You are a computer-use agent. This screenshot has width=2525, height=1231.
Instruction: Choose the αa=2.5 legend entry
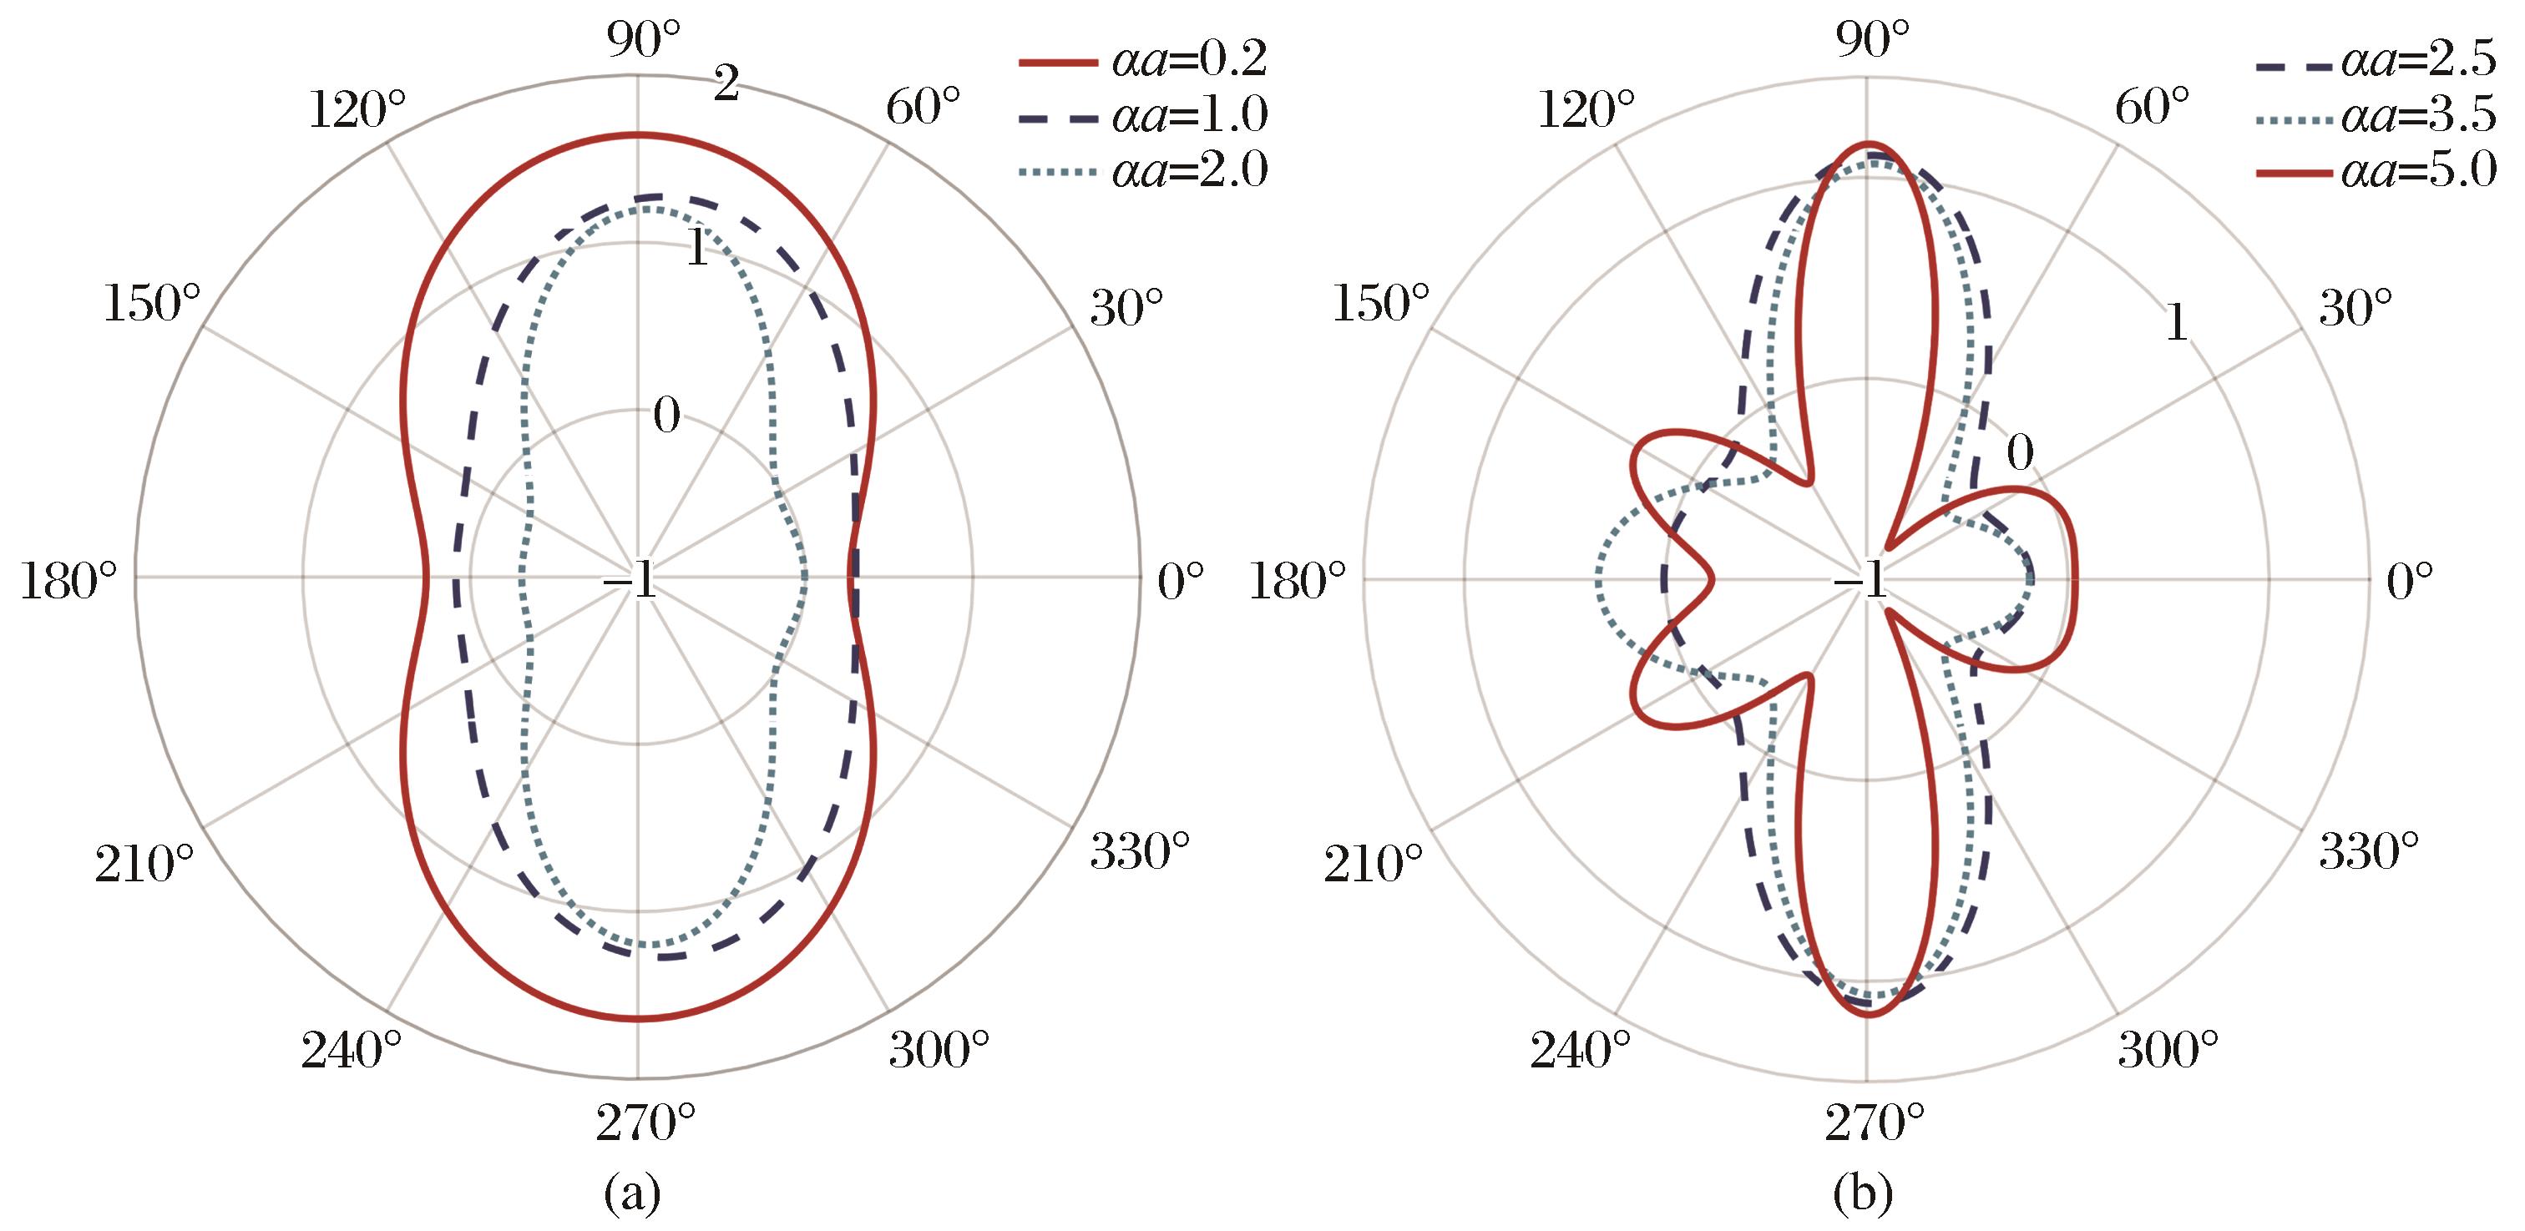pos(2376,62)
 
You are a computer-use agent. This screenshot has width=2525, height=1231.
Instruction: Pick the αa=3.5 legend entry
pos(2376,116)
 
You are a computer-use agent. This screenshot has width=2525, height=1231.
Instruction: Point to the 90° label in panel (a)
pos(643,40)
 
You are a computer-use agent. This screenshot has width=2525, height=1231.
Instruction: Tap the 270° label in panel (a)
pos(645,1123)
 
